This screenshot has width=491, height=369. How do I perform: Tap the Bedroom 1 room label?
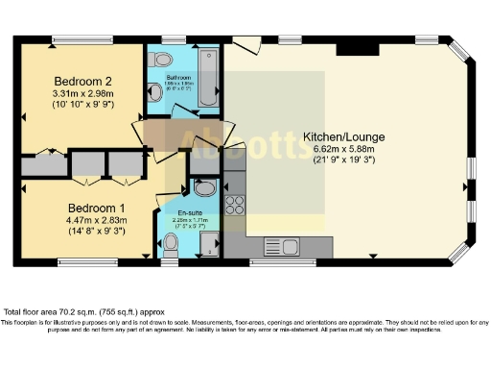click(96, 208)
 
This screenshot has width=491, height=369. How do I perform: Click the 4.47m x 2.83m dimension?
click(96, 221)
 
